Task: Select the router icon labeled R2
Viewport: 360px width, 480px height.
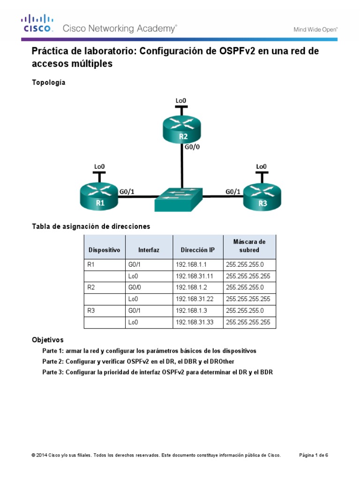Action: (x=181, y=129)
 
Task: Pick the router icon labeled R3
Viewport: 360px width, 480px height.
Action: (x=262, y=195)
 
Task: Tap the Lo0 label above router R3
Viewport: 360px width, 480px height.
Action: (x=261, y=166)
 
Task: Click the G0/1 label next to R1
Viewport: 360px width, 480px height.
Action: (x=127, y=191)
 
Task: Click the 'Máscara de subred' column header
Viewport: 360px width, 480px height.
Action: (x=249, y=246)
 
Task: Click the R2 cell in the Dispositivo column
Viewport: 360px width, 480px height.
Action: (x=92, y=287)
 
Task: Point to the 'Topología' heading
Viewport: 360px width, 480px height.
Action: (x=48, y=82)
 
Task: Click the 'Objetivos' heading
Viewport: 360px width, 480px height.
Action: (x=47, y=339)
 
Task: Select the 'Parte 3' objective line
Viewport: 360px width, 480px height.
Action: (x=157, y=372)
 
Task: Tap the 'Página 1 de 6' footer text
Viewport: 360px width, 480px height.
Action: (x=314, y=455)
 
